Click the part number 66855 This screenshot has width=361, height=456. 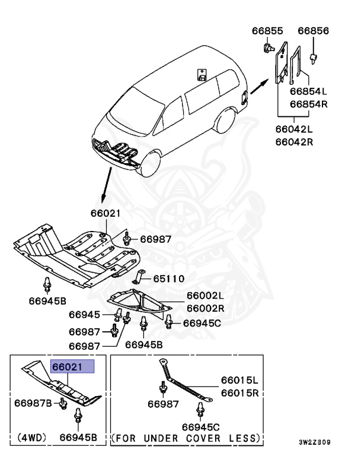[267, 31]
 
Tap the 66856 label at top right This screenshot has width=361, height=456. [313, 31]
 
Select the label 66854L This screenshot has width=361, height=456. [308, 91]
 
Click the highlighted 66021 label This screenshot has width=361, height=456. [72, 366]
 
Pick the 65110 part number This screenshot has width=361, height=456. [169, 278]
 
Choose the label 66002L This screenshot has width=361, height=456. [205, 296]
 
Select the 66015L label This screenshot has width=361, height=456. [240, 380]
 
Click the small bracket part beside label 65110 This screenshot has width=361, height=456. [141, 276]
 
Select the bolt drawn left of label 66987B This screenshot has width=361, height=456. [62, 404]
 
